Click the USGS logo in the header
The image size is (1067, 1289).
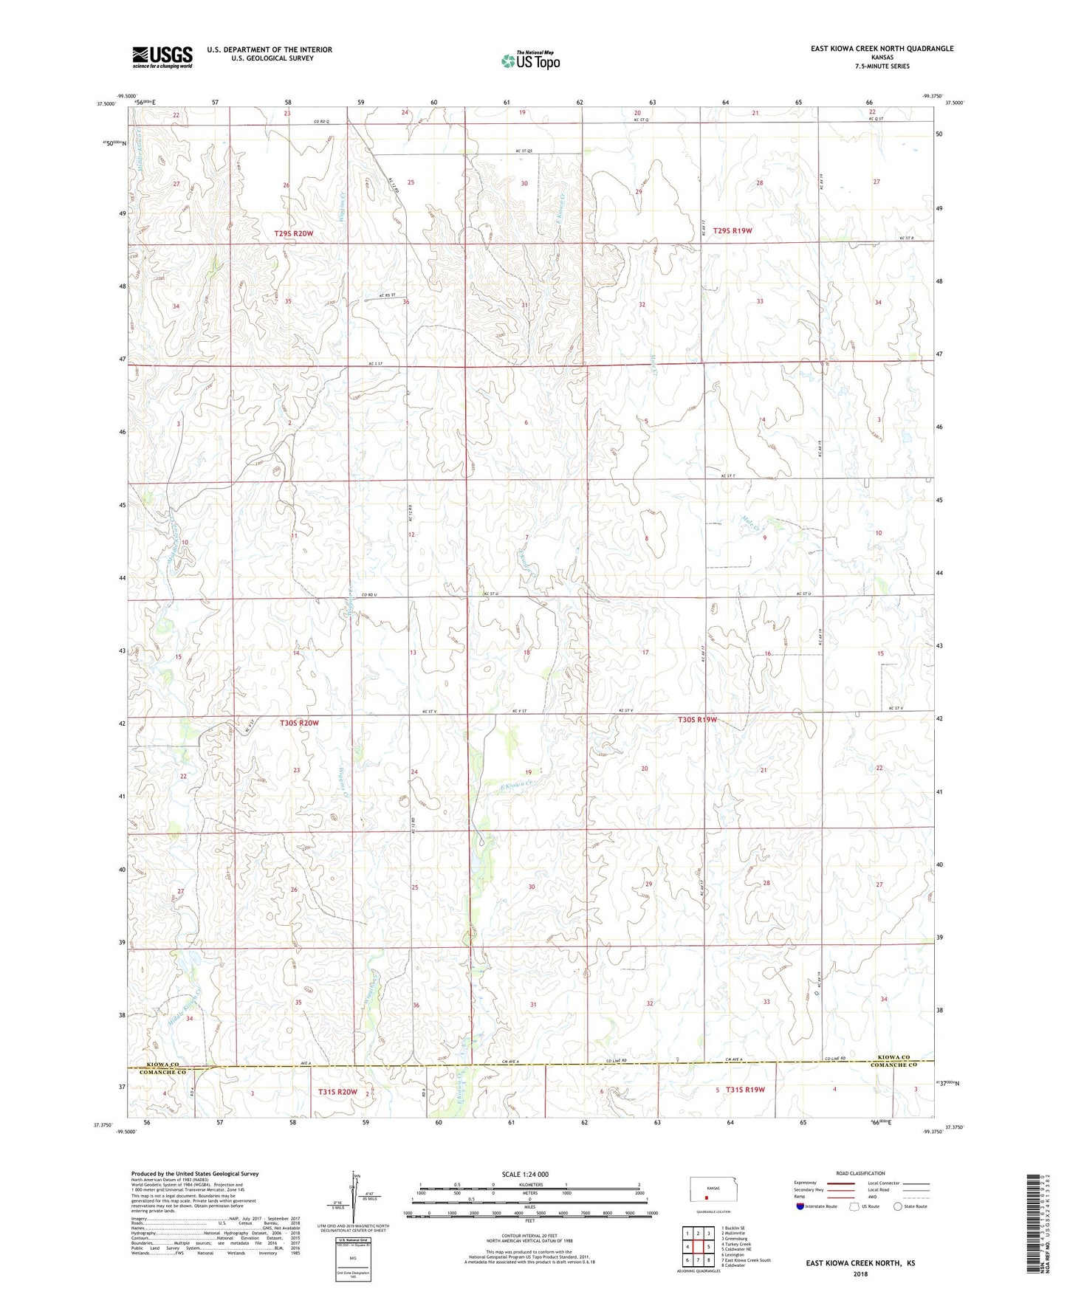click(162, 56)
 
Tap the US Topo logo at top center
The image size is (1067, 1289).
click(529, 61)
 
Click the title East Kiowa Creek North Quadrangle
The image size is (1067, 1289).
click(882, 49)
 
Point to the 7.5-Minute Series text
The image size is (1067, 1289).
click(882, 66)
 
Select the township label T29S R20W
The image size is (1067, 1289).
click(298, 233)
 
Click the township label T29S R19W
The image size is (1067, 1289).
click(732, 230)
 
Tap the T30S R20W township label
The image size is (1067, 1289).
click(299, 723)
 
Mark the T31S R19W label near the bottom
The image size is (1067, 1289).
click(745, 1090)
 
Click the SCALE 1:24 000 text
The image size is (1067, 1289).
click(525, 1175)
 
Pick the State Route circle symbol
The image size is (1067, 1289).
click(897, 1207)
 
